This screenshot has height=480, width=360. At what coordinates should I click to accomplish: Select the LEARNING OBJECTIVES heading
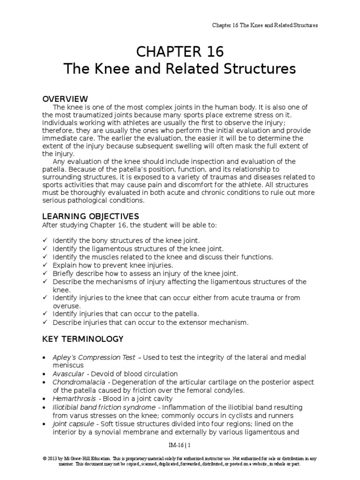(x=91, y=216)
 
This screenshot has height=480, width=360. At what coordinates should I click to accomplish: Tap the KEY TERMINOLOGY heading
(x=83, y=339)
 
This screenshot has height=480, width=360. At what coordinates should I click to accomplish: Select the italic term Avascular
(x=68, y=374)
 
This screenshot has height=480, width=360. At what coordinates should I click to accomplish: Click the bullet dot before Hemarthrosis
(x=44, y=399)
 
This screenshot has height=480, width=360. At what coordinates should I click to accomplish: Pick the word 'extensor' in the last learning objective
(x=201, y=322)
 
